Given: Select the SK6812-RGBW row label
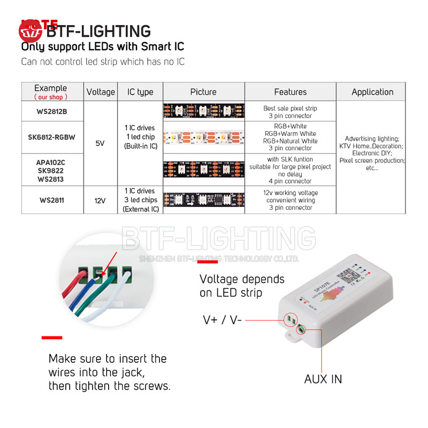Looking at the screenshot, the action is click(51, 137).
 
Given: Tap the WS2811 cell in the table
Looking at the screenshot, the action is click(51, 200).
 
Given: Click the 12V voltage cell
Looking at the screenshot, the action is click(100, 200).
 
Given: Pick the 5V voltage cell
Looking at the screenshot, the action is click(100, 143).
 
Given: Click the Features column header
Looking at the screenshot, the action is click(290, 92).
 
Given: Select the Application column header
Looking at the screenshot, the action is click(372, 92).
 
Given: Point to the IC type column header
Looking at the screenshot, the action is click(140, 92).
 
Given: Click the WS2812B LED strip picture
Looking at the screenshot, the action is click(203, 112).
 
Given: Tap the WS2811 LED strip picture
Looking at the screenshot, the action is click(203, 200).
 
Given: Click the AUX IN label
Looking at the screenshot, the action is click(323, 379).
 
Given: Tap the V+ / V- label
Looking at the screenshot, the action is click(223, 320).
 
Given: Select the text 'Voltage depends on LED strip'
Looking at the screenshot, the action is click(242, 286).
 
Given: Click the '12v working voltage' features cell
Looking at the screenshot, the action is click(291, 200).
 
